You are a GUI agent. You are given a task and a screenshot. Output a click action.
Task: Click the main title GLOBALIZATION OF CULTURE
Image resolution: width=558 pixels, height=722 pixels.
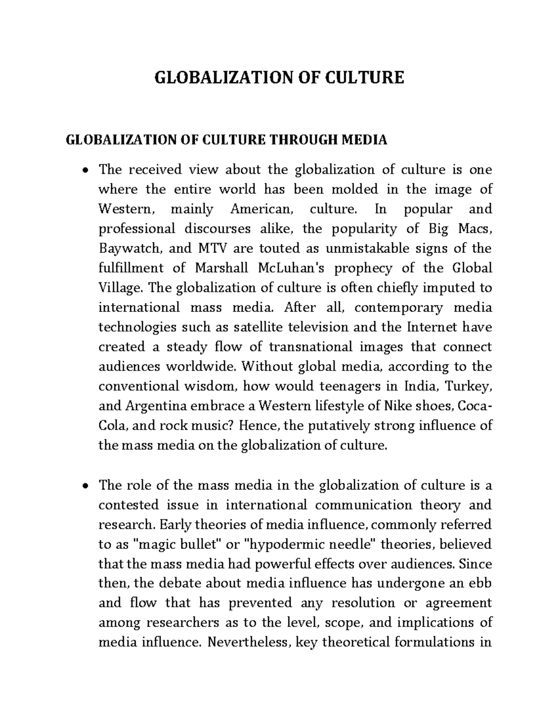279,77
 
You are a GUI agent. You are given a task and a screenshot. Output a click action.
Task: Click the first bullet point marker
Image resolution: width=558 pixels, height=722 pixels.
84,170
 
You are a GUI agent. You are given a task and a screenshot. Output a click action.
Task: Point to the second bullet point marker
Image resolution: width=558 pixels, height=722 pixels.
84,486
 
